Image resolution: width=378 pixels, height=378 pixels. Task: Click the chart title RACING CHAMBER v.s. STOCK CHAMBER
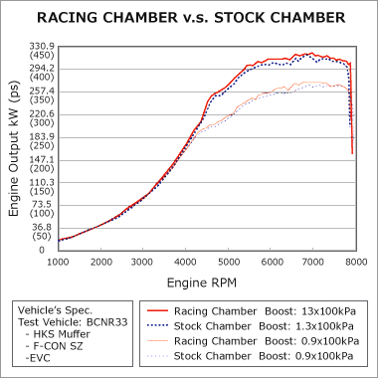click(x=189, y=17)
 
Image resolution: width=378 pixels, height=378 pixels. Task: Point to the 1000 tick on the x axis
click(x=58, y=261)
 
